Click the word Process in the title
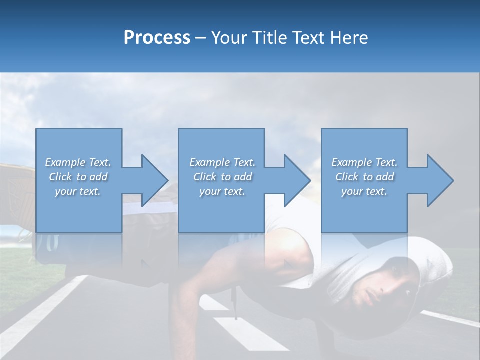pos(157,38)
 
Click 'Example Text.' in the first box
pos(78,162)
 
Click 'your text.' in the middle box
pos(222,191)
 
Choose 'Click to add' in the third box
pos(364,177)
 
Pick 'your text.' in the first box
pos(78,191)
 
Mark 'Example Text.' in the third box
pos(364,162)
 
